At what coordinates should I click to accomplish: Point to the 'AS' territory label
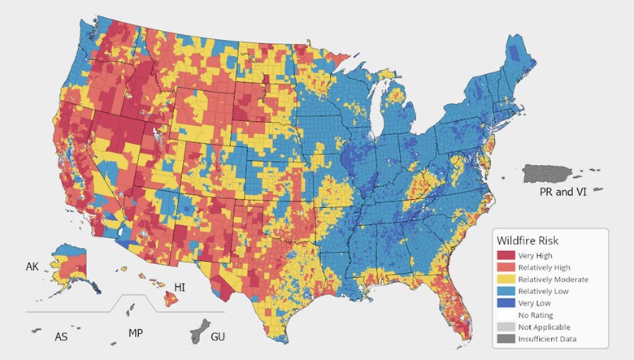(60, 336)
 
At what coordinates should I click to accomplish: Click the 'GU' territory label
(219, 336)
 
